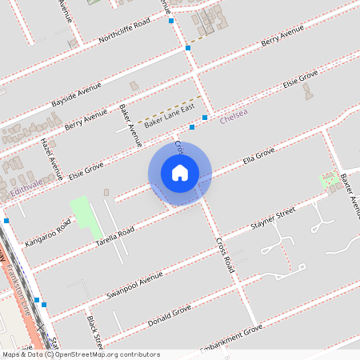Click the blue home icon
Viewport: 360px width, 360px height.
pyautogui.click(x=180, y=172)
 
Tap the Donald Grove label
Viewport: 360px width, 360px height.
pyautogui.click(x=169, y=317)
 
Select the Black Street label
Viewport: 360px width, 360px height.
pyautogui.click(x=94, y=332)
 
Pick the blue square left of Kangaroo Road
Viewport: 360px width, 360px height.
pyautogui.click(x=6, y=220)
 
